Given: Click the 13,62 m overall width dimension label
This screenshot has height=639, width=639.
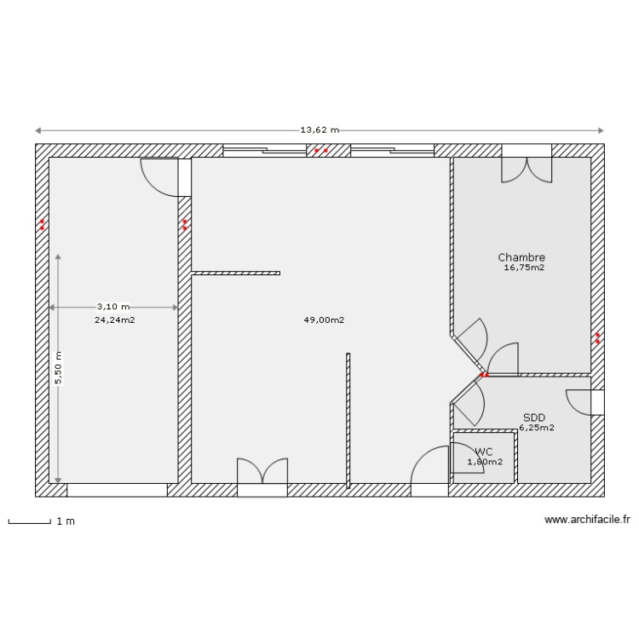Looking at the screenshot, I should click(319, 130).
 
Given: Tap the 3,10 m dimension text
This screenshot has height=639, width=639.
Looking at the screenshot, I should click(113, 307).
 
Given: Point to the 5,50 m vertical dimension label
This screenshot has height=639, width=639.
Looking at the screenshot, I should click(59, 368).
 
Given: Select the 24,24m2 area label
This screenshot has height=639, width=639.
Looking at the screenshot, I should click(114, 320).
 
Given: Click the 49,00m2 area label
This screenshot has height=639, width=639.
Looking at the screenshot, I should click(324, 320).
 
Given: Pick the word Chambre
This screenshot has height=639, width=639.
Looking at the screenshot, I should click(521, 257).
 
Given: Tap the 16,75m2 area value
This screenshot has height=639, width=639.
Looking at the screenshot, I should click(524, 268).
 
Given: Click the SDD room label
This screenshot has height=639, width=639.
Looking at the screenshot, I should click(534, 417).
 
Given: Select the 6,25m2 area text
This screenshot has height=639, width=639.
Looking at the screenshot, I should click(537, 428).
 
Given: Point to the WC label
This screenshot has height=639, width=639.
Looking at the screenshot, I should click(484, 452).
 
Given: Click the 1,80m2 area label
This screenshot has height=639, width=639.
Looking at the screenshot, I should click(485, 462).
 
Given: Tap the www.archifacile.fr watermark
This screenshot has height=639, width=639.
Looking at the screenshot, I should click(587, 520).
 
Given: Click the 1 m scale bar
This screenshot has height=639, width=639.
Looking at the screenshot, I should click(30, 521).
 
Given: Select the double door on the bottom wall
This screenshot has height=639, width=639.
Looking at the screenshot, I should click(262, 475).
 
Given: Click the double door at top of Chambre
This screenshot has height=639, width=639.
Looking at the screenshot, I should click(526, 166).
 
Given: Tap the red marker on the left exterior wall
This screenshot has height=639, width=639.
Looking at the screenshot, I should click(42, 225).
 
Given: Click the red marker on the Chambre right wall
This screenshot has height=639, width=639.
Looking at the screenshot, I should click(598, 337).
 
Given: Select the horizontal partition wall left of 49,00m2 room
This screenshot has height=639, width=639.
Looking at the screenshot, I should click(236, 273).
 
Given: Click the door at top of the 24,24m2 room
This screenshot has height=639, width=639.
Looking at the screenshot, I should click(162, 175).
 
